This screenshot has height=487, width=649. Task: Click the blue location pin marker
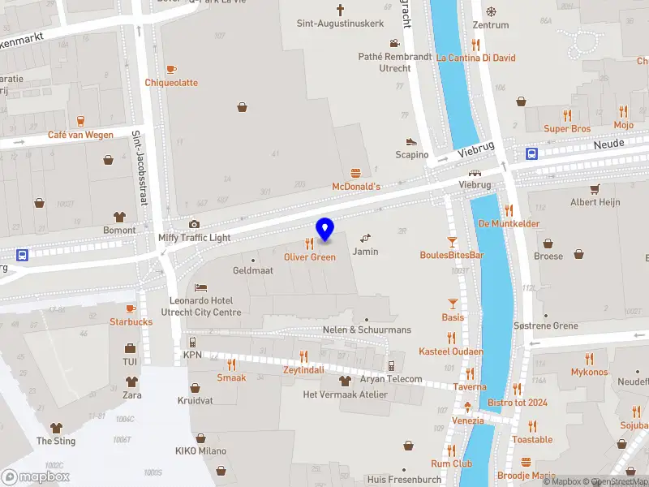(x=324, y=230)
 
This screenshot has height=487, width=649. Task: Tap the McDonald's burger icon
(x=355, y=173)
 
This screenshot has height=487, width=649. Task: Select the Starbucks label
(x=131, y=321)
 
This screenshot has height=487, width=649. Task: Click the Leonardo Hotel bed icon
(x=200, y=287)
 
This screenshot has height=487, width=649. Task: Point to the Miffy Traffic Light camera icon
(x=194, y=224)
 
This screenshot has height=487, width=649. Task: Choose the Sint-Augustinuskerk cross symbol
(x=340, y=10)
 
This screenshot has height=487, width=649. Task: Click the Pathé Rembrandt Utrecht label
(x=396, y=62)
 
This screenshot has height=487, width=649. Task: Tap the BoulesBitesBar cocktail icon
(x=452, y=242)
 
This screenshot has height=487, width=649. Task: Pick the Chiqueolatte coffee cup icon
(x=171, y=69)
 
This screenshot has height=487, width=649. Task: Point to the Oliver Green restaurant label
(x=309, y=256)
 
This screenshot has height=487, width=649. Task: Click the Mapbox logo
(x=35, y=476)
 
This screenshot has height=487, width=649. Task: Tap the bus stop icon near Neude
(x=531, y=153)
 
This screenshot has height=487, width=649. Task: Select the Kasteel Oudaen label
(x=451, y=351)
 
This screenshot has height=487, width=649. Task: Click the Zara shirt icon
(x=131, y=381)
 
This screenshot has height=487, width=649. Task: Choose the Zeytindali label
(x=303, y=369)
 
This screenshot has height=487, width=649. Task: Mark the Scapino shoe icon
(x=411, y=141)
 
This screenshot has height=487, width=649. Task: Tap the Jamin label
(x=365, y=252)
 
